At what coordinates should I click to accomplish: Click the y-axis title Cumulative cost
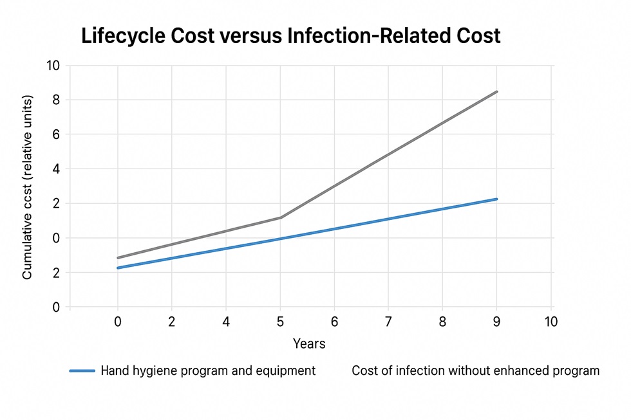click(28, 187)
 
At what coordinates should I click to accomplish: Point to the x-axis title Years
click(309, 343)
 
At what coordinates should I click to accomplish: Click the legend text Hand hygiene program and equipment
click(208, 371)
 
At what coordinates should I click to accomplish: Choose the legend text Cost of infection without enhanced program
click(476, 371)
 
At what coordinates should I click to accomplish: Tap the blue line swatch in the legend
click(82, 371)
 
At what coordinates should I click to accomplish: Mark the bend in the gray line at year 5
click(281, 217)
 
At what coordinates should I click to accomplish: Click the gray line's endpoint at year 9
click(497, 91)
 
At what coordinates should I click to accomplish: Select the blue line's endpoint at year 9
click(497, 199)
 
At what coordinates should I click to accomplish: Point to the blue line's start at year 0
click(118, 268)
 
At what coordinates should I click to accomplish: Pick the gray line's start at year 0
click(118, 258)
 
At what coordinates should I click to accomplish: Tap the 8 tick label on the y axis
click(56, 100)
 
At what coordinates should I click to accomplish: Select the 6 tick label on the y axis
click(56, 134)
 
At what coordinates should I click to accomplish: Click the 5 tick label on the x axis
click(281, 321)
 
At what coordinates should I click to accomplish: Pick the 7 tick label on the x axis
click(388, 321)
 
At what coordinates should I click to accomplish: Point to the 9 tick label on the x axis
click(497, 321)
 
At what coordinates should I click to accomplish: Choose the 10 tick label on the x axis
click(551, 321)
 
